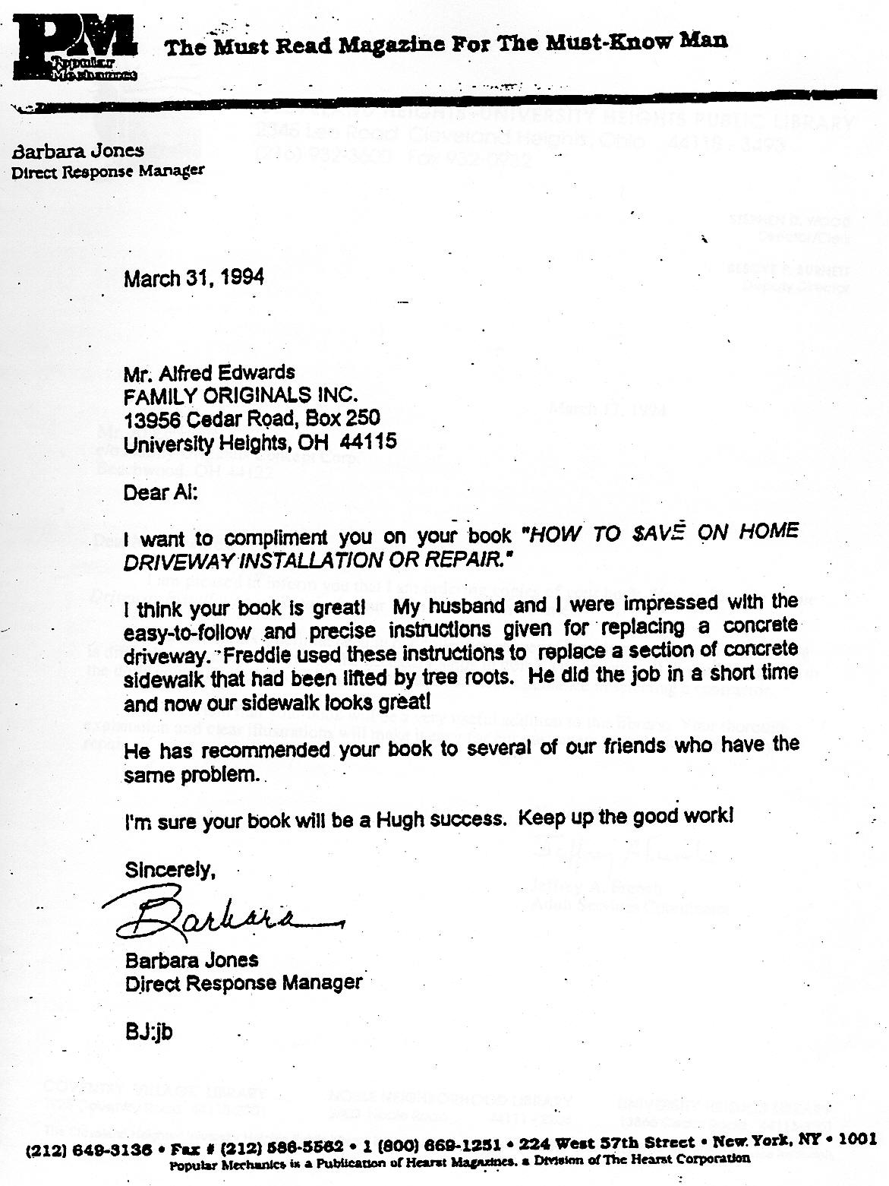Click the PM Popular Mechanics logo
pyautogui.click(x=74, y=49)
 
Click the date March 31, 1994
pyautogui.click(x=194, y=278)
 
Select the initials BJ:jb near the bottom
pyautogui.click(x=149, y=1033)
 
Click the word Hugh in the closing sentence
pyautogui.click(x=393, y=820)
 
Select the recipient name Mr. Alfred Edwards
pyautogui.click(x=209, y=373)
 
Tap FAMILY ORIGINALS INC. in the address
pyautogui.click(x=240, y=396)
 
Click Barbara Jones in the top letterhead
pyautogui.click(x=77, y=150)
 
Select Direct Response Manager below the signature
pyautogui.click(x=243, y=982)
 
